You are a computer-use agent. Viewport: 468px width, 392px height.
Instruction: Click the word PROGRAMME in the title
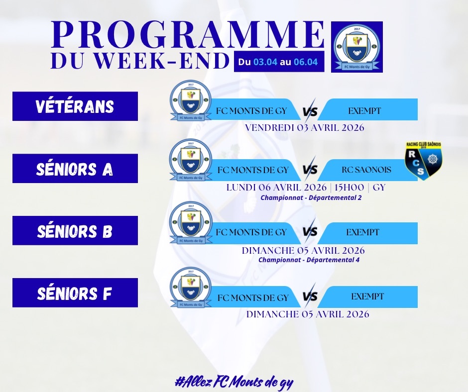click(x=188, y=34)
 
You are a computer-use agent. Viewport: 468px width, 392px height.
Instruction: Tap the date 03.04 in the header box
click(x=265, y=62)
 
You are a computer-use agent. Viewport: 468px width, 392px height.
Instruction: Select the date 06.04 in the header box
click(x=306, y=62)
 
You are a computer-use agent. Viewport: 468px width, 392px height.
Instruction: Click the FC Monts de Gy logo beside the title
click(x=357, y=47)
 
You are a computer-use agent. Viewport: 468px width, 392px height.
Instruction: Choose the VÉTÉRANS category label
click(x=75, y=106)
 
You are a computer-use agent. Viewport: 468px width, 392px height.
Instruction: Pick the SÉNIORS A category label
click(x=75, y=169)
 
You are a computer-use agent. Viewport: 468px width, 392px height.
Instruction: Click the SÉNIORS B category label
click(x=75, y=231)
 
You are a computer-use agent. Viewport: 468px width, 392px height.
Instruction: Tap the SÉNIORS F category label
click(x=75, y=293)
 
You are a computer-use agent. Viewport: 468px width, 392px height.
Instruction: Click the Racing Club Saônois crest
click(x=424, y=161)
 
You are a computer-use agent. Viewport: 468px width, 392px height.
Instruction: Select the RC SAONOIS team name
click(x=366, y=170)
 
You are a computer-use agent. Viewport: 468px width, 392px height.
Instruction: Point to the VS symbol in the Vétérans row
click(x=310, y=110)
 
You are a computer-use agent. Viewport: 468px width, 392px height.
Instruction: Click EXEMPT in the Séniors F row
click(x=367, y=296)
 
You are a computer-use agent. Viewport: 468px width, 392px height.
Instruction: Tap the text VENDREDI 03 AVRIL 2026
click(x=305, y=128)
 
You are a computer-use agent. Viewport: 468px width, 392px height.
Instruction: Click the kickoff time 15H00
click(x=349, y=188)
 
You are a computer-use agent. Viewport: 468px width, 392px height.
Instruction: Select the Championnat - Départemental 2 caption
click(x=311, y=197)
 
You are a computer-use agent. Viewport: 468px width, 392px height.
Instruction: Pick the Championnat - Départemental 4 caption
click(x=309, y=260)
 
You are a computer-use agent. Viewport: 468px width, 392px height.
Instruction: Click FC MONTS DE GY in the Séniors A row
click(x=253, y=170)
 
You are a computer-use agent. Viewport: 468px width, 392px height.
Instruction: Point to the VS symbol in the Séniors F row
click(x=310, y=296)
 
